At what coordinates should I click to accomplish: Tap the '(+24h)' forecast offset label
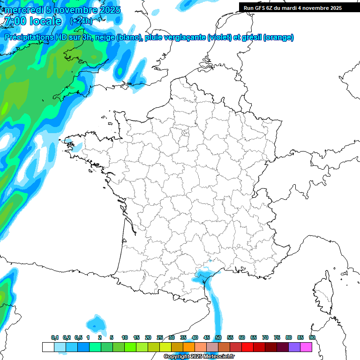click(81, 21)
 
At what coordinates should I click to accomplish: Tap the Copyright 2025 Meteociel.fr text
click(199, 357)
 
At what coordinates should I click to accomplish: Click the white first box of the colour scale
click(48, 347)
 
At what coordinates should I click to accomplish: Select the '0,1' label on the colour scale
click(55, 338)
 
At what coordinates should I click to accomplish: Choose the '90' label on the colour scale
click(312, 338)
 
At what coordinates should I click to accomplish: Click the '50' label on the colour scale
click(218, 338)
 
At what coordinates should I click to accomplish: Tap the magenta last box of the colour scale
click(306, 347)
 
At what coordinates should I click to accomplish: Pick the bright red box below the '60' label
click(247, 347)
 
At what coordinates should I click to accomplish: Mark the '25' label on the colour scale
click(159, 338)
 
